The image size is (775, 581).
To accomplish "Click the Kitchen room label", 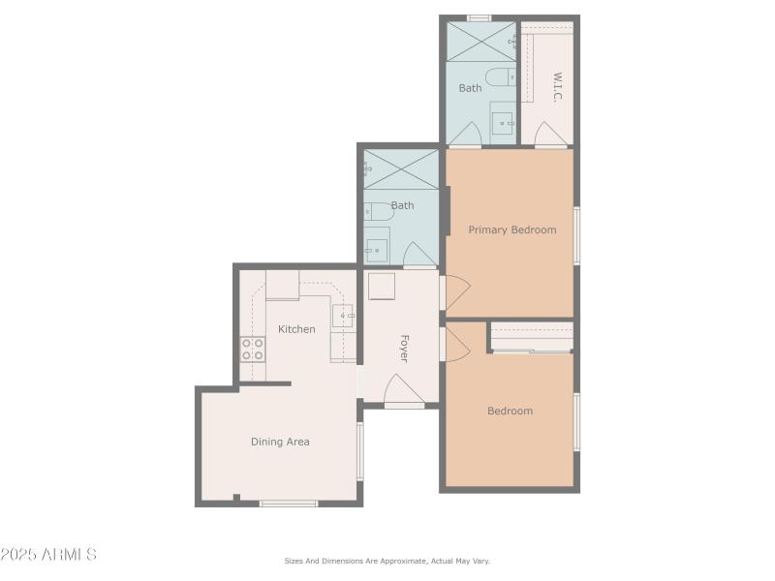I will point(296,329).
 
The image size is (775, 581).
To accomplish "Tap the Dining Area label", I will point(280,442).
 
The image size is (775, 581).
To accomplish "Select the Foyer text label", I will point(404,349).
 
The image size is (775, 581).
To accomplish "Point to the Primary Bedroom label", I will point(512,229).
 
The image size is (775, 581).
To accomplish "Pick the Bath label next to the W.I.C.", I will point(470,88).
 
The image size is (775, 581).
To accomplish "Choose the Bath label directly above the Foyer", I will point(402,205).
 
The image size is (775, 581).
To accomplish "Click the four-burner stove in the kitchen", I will point(253,350).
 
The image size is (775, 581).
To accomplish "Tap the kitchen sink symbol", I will point(343,316).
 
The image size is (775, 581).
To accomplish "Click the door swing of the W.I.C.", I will point(550,135).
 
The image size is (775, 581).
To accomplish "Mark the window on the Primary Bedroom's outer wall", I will point(576,235).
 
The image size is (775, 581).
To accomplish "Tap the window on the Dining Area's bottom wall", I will point(289,503).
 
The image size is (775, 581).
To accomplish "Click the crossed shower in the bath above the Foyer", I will point(401,168).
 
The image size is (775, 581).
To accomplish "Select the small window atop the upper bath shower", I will point(479,17).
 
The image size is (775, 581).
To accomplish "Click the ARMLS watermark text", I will point(48,555).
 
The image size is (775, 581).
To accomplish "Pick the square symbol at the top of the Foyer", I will point(381,287).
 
